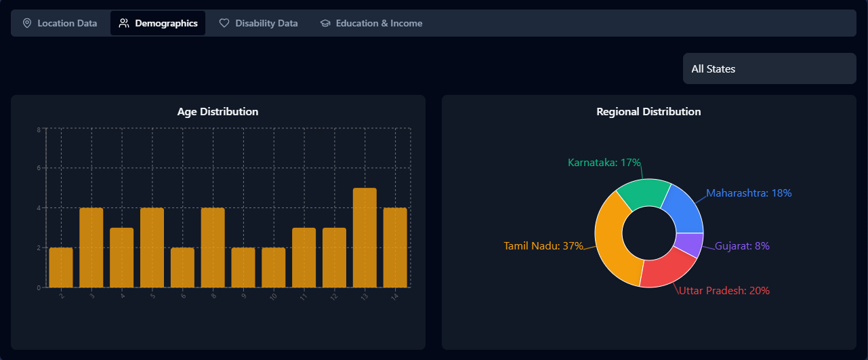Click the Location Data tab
click(60, 23)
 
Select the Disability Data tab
click(258, 23)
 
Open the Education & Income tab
click(371, 23)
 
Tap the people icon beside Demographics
click(124, 23)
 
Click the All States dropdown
click(769, 68)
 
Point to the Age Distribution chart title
click(218, 111)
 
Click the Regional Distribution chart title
click(648, 111)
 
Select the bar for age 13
click(365, 237)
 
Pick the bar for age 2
click(61, 267)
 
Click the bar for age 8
click(213, 247)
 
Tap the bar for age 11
click(304, 258)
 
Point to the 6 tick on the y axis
click(39, 168)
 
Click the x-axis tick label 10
click(274, 297)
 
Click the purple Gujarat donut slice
click(689, 245)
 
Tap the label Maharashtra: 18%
click(749, 193)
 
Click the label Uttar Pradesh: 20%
click(724, 291)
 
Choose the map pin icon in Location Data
click(27, 23)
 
